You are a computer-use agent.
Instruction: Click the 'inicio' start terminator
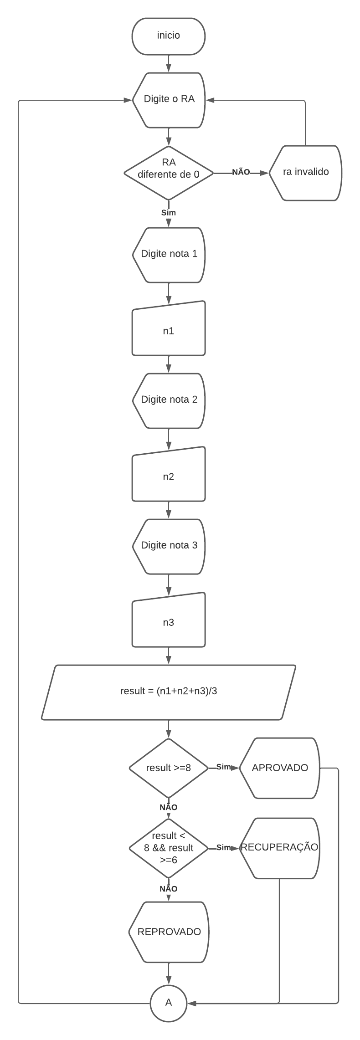[x=169, y=36]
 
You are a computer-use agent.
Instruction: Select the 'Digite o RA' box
[x=169, y=100]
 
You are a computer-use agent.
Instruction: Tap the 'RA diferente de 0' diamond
[x=169, y=173]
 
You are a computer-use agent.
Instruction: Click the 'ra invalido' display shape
[x=305, y=173]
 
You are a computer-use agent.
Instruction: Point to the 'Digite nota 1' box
[x=169, y=254]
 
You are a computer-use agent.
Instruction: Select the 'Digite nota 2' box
[x=169, y=400]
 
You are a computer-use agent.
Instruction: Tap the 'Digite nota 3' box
[x=169, y=546]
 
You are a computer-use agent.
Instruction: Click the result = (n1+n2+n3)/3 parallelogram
[x=169, y=692]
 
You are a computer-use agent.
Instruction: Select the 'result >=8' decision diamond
[x=169, y=768]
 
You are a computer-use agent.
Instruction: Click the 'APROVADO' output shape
[x=279, y=768]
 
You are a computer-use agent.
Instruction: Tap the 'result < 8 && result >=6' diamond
[x=169, y=848]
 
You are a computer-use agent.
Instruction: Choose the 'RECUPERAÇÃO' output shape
[x=279, y=848]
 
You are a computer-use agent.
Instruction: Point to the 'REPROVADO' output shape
[x=169, y=932]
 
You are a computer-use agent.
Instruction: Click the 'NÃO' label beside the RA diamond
[x=241, y=172]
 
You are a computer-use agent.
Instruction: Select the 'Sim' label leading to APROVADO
[x=223, y=767]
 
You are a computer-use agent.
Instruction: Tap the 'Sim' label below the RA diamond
[x=169, y=213]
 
